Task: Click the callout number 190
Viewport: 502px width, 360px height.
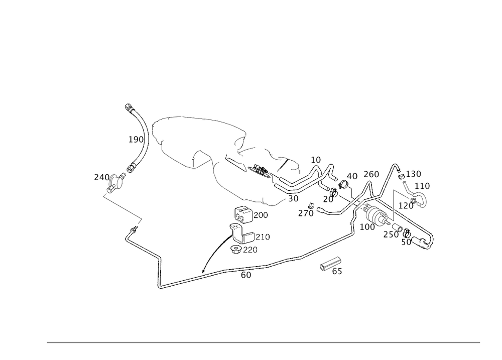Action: [136, 139]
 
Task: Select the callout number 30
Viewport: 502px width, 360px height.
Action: [294, 198]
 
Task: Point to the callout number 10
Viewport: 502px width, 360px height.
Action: [316, 160]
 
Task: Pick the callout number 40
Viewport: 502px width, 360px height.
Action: [352, 176]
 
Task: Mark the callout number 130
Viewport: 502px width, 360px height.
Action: [414, 174]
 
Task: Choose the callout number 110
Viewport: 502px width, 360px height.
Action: [423, 186]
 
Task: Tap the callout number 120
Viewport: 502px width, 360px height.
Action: [406, 205]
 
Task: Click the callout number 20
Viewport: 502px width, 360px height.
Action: [329, 199]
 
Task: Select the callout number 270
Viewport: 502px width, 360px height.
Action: [305, 213]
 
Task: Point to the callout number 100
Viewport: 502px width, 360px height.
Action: [368, 227]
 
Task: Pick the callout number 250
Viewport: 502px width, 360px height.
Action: [390, 235]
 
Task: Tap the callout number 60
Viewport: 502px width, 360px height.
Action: [246, 275]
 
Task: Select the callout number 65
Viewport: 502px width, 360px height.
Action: [337, 272]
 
